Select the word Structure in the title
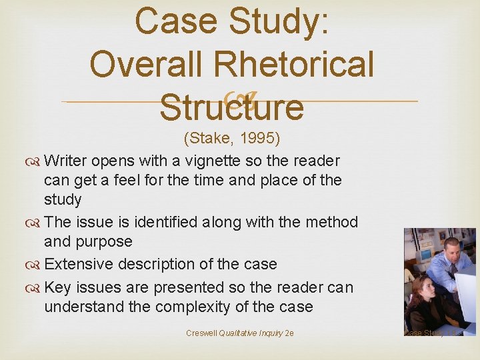click(x=231, y=107)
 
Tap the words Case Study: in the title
click(x=231, y=21)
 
